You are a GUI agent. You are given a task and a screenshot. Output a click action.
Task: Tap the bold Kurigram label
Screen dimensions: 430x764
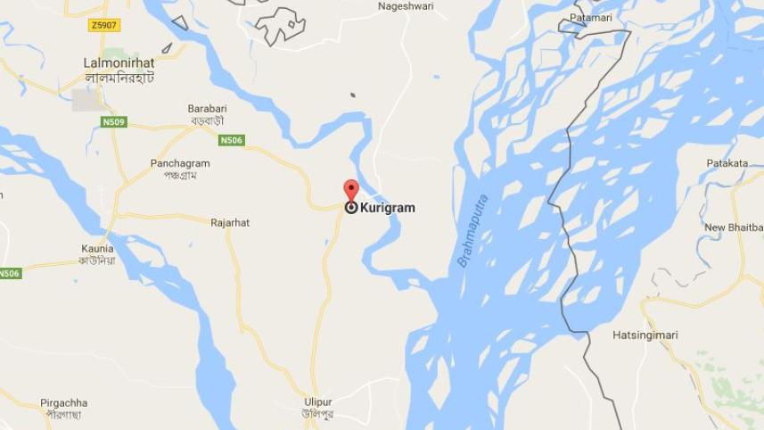tap(387, 208)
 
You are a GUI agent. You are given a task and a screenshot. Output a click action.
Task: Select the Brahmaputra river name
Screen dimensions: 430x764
tap(473, 231)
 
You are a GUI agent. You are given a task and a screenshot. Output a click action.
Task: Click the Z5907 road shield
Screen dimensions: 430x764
tap(104, 26)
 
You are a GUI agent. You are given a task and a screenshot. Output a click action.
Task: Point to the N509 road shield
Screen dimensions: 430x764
tap(112, 121)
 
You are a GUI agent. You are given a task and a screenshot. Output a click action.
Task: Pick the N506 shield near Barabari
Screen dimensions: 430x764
tap(232, 140)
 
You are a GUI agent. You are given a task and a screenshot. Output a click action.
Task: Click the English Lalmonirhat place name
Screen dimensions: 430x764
tap(119, 63)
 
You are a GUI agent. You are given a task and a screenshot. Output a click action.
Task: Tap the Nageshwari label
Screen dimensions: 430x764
tap(405, 5)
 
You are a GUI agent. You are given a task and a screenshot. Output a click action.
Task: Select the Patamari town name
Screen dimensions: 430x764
tap(592, 18)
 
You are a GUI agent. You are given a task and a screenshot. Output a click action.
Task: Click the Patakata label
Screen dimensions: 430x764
tap(727, 163)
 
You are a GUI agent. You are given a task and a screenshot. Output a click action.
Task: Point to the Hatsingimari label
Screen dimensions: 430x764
tap(645, 335)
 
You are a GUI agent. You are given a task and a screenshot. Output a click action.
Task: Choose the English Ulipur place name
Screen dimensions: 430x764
tap(318, 401)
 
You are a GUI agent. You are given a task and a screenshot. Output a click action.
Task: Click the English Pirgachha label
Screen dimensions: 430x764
tap(64, 403)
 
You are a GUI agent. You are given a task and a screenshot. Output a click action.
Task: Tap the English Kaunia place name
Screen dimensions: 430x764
tap(95, 248)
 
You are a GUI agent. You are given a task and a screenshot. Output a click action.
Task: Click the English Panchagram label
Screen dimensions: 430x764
tap(180, 164)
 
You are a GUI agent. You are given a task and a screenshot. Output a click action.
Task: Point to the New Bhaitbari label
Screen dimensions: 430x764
tap(734, 227)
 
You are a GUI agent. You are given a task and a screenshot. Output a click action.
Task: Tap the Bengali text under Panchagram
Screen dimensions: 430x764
tap(180, 177)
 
